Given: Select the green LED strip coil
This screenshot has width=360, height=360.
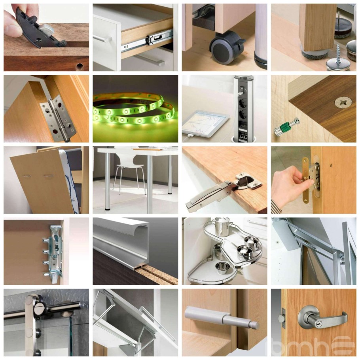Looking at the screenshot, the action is coord(135,109).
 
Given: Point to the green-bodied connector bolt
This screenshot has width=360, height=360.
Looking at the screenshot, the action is coord(287,126).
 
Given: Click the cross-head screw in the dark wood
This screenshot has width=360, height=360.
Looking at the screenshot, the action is coord(343,102).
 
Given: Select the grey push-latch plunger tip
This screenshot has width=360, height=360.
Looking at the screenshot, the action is coord(255,325).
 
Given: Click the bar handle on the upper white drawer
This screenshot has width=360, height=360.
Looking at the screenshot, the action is coord(102,39).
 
